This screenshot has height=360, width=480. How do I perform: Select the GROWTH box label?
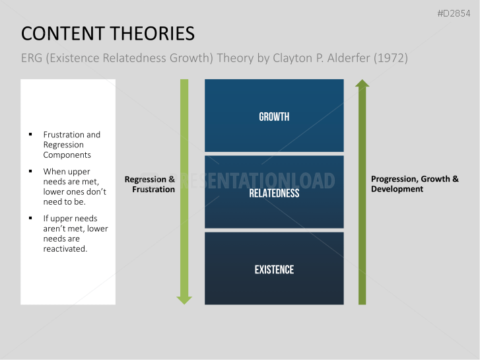274,117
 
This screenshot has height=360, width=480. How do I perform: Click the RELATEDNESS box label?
274,194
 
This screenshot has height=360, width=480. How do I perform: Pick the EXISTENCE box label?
274,270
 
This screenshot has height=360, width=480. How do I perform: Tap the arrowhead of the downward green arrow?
184,299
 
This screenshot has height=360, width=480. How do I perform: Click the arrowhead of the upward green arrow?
362,84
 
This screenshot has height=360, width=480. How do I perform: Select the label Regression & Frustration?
150,184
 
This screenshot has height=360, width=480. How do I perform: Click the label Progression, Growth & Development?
415,184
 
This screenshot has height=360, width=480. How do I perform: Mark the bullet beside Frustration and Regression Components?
30,135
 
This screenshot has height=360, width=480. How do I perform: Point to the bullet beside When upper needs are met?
30,172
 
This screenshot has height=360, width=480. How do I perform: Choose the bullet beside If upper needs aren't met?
30,219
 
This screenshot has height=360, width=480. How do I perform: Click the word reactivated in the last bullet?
65,249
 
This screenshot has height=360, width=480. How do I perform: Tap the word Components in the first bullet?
67,155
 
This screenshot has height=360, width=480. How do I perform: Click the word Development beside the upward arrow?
397,189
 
